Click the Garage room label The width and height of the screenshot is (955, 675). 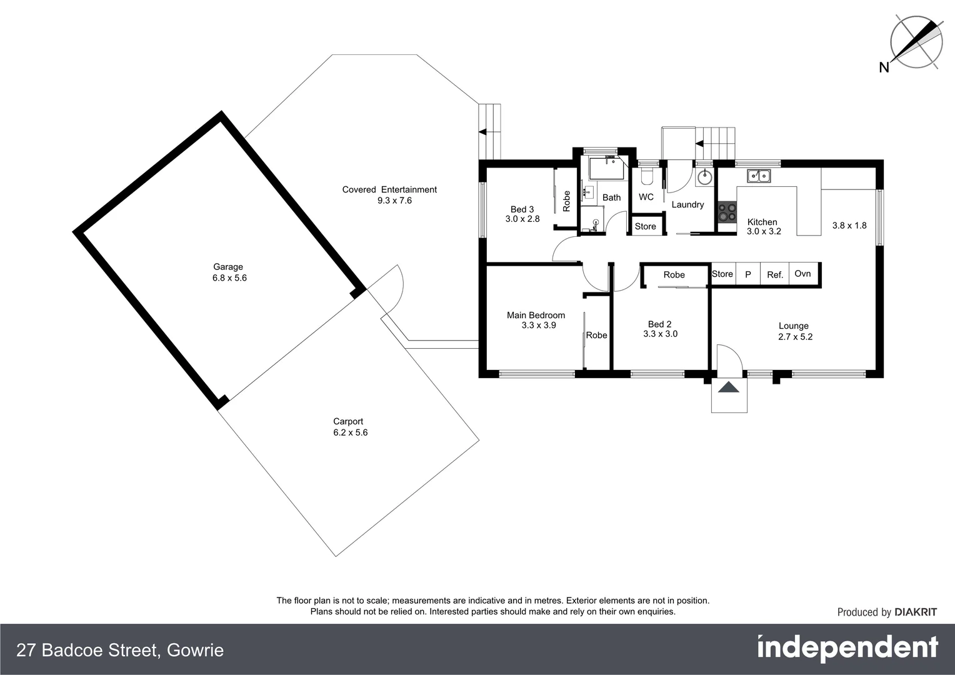[x=227, y=267]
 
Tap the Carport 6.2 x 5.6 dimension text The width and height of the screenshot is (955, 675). [x=350, y=432]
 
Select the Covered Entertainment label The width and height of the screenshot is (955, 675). [x=389, y=189]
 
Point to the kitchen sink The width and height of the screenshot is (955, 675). [x=758, y=176]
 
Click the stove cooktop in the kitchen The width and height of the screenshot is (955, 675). [x=726, y=212]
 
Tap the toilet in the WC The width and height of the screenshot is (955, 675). [x=646, y=176]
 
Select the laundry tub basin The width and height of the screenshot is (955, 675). [x=704, y=177]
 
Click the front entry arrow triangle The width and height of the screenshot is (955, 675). [x=729, y=387]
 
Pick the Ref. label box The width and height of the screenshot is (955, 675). [x=775, y=274]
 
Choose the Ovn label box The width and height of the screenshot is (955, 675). [x=803, y=274]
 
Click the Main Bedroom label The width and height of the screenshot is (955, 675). [x=536, y=315]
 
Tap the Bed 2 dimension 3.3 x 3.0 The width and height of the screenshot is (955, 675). [x=660, y=334]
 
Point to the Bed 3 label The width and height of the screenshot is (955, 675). [x=522, y=209]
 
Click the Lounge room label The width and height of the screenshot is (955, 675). [x=794, y=326]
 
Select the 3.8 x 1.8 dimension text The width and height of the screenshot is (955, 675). [x=849, y=226]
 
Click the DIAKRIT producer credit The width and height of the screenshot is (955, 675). [x=887, y=612]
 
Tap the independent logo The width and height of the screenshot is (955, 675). [x=847, y=648]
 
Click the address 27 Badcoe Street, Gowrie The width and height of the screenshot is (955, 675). [x=120, y=650]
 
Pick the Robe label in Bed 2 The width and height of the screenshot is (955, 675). [x=674, y=275]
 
